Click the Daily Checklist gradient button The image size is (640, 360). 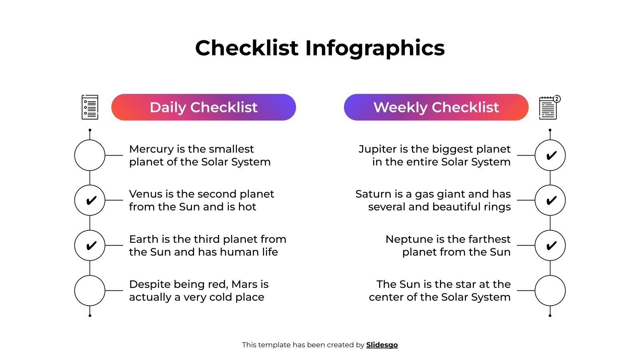point(204,107)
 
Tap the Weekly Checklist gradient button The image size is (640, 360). point(436,107)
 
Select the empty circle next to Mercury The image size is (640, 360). point(90,155)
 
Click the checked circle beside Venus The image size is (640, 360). point(90,200)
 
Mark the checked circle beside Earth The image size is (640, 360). point(90,245)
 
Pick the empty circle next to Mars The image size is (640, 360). point(90,290)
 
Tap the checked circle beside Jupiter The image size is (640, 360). point(550,155)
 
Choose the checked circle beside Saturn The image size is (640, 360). point(550,200)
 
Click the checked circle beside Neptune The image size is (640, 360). point(550,245)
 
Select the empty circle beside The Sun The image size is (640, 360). point(550,290)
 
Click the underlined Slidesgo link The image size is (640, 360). point(382,345)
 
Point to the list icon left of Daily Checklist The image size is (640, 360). point(90,107)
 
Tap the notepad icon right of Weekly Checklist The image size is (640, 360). point(548,108)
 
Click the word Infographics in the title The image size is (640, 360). point(375,48)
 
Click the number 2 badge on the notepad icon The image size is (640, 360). point(557,99)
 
